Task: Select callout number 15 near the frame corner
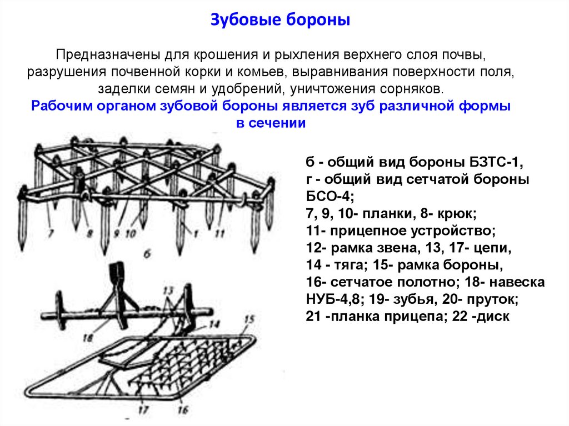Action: tap(248, 319)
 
